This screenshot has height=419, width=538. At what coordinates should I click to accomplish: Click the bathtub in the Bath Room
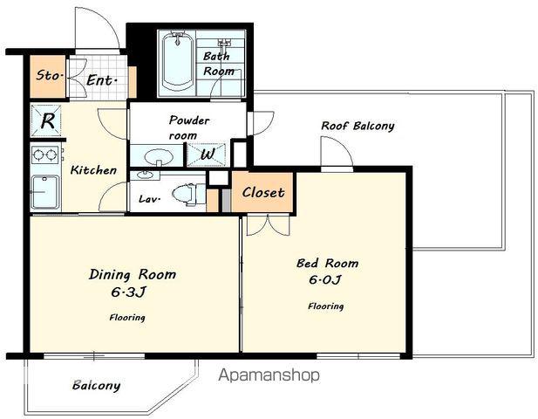tap(177, 62)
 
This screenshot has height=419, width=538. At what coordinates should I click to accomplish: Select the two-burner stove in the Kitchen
tap(44, 155)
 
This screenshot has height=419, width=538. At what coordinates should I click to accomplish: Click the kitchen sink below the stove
tap(45, 192)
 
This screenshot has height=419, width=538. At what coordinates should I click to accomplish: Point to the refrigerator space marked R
tap(46, 120)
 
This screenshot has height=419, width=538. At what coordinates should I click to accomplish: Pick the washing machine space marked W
tap(207, 155)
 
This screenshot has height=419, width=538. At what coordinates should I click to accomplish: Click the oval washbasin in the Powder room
tap(158, 157)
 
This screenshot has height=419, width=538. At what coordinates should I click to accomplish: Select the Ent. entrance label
tap(101, 80)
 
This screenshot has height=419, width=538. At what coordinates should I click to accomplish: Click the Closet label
tap(263, 192)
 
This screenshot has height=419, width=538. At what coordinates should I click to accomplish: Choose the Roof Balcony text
tap(358, 126)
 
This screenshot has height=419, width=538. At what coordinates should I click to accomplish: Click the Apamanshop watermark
tap(269, 374)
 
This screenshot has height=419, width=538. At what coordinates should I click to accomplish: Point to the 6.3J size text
tap(129, 292)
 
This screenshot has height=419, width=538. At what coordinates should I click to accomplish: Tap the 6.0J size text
tap(325, 280)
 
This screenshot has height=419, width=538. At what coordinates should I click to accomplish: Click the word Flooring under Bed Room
tap(325, 306)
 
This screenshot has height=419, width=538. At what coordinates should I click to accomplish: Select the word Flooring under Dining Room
tap(127, 318)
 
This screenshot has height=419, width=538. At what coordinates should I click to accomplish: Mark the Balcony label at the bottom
tap(97, 385)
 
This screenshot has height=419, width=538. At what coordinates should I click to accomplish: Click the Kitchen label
tap(93, 170)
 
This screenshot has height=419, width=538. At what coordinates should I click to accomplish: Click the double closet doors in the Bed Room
tap(269, 225)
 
